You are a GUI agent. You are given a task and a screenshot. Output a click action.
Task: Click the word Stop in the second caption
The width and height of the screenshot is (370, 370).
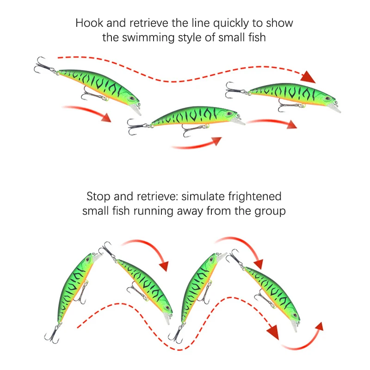click(99, 196)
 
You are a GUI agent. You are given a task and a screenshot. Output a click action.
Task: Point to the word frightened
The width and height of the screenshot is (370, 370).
click(255, 196)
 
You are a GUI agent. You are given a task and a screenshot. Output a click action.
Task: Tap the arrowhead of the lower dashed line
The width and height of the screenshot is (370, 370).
click(274, 331)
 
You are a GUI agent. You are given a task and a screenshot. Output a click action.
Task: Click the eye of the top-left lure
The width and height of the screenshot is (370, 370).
click(132, 99)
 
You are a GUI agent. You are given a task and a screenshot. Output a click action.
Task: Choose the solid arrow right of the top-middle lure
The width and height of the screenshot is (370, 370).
click(273, 123)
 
